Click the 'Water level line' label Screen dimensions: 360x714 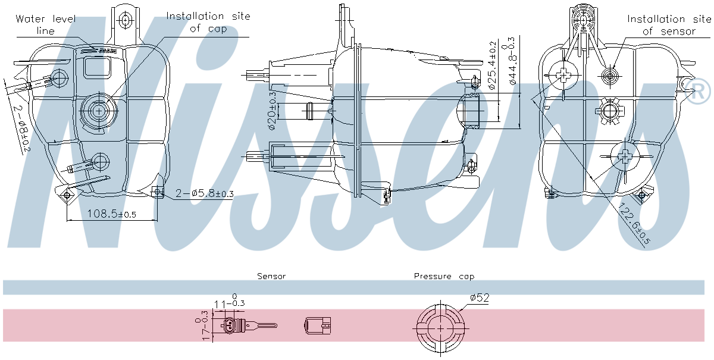pyautogui.click(x=45, y=24)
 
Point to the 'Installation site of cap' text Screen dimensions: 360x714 pyautogui.click(x=208, y=22)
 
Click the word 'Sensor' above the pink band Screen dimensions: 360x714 pyautogui.click(x=271, y=276)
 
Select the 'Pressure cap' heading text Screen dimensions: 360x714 pyautogui.click(x=444, y=276)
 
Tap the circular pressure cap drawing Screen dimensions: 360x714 pyautogui.click(x=438, y=328)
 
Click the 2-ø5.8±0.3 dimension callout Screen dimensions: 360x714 pyautogui.click(x=205, y=193)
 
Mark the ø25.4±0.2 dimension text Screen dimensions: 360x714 pyautogui.click(x=492, y=65)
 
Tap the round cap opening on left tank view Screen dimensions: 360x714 pyautogui.click(x=96, y=109)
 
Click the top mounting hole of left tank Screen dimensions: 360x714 pyautogui.click(x=124, y=20)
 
